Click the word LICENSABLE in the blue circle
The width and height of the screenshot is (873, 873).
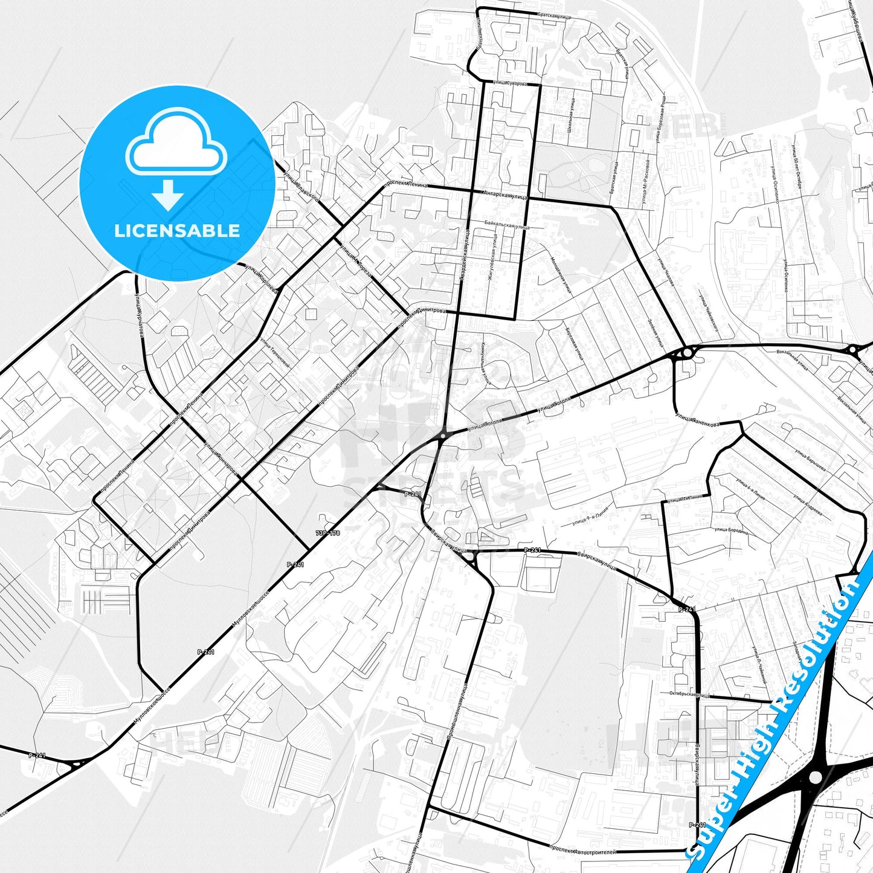(177, 231)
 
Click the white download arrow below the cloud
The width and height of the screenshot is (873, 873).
(168, 195)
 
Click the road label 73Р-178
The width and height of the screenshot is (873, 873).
(328, 533)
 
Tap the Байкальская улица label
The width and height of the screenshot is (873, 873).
(506, 225)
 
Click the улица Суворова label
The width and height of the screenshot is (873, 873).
(509, 83)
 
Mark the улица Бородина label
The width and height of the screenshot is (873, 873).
(731, 531)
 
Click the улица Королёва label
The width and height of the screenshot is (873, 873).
(261, 280)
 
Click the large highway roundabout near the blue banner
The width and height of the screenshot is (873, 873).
(815, 776)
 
